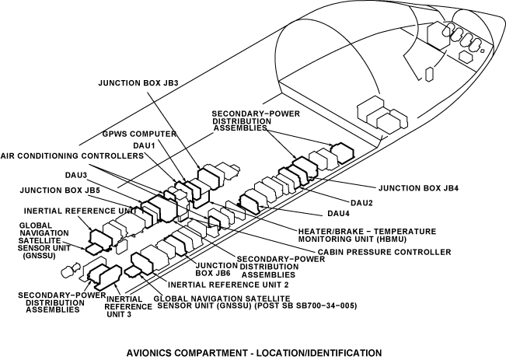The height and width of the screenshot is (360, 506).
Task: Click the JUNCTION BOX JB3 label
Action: click(138, 82)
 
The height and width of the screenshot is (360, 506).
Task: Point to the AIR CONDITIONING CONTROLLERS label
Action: click(72, 156)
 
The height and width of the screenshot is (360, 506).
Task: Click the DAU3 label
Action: click(76, 176)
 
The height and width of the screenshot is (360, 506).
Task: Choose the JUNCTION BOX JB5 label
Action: click(59, 189)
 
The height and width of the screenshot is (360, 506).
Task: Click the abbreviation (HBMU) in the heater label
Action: click(396, 240)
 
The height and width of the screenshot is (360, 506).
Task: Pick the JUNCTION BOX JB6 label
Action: click(211, 268)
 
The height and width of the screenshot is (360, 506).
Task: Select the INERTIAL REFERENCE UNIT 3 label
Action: click(124, 306)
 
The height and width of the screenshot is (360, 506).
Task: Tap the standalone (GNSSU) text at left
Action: click(37, 255)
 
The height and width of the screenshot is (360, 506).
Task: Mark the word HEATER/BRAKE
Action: click(335, 231)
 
